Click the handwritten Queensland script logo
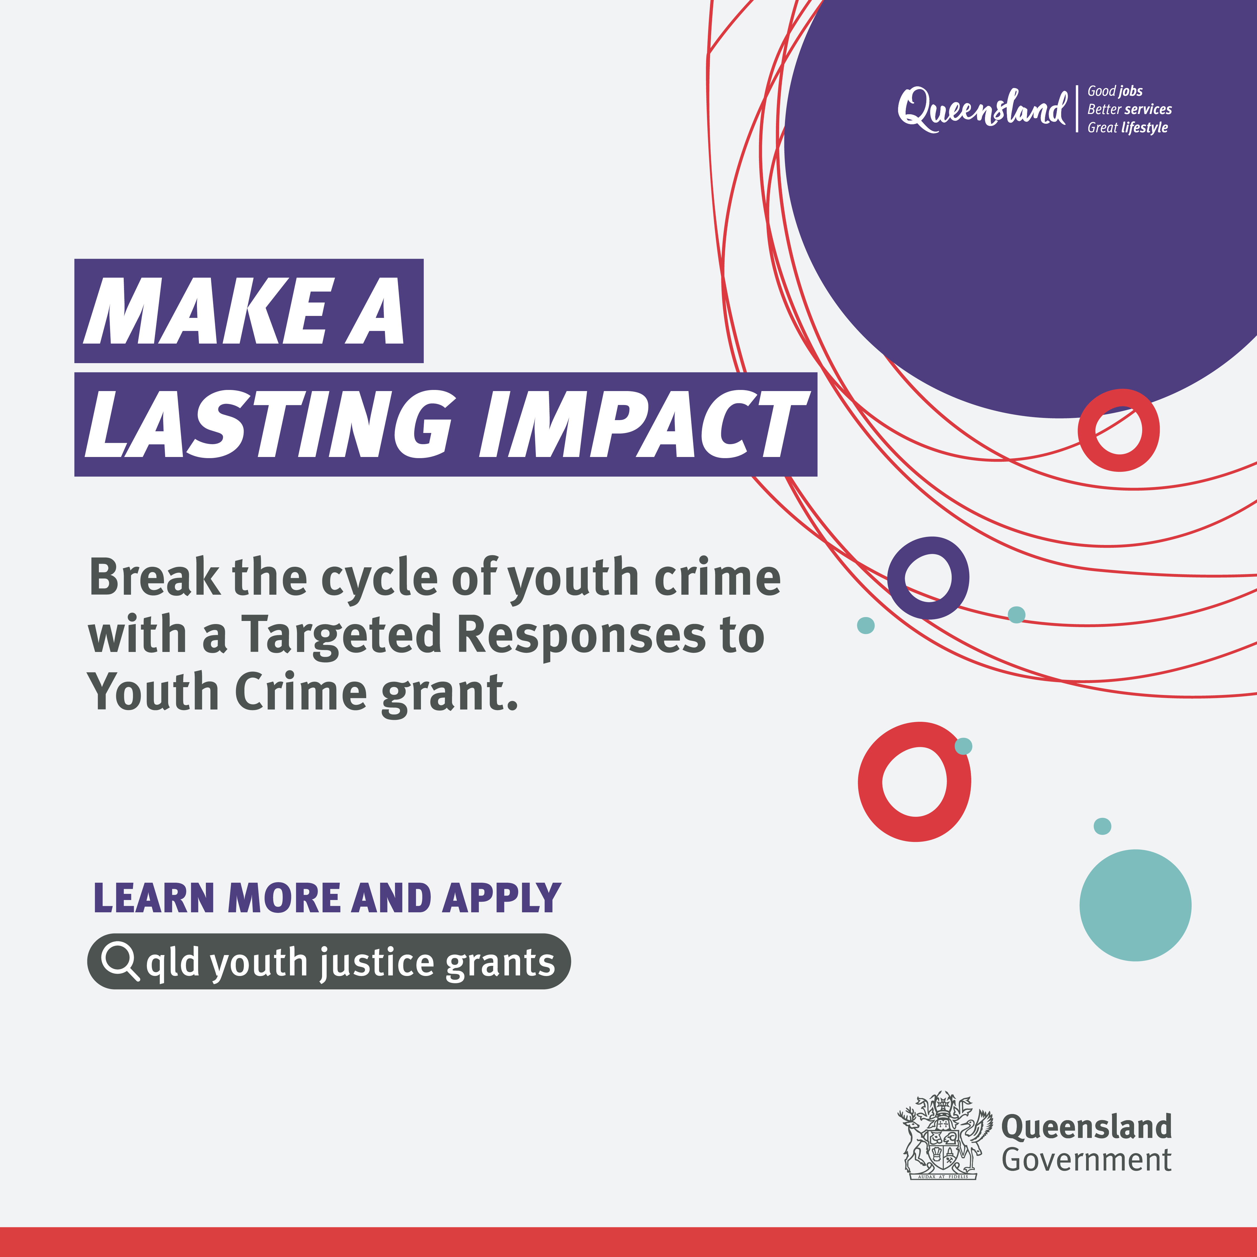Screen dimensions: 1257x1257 tap(982, 109)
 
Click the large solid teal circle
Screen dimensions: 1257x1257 tap(1135, 905)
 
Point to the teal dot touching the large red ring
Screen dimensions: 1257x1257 tap(964, 746)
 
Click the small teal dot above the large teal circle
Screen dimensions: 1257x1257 tap(1102, 826)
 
